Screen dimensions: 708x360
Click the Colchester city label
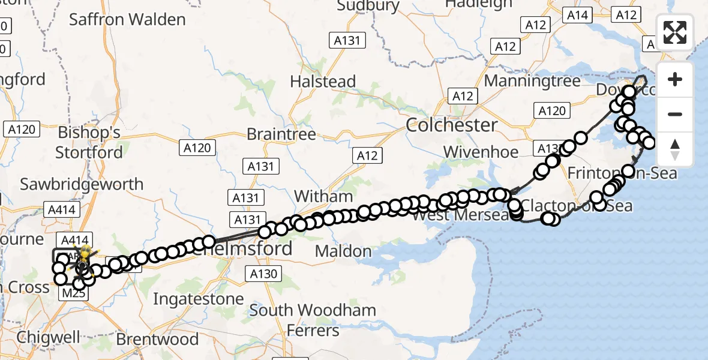pos(452,125)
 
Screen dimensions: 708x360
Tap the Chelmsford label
pos(252,248)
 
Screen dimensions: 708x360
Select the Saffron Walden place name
pos(127,19)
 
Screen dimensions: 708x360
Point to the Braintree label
pos(281,134)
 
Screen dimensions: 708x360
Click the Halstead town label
pos(323,81)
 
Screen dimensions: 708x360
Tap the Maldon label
pos(343,251)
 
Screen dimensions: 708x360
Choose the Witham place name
pos(323,196)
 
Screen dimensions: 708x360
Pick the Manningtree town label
pos(532,80)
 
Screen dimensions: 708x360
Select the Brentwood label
pos(157,339)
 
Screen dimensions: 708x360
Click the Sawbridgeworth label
pos(82,184)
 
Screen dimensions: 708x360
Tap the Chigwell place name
pos(49,337)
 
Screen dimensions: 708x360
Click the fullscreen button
pos(675,32)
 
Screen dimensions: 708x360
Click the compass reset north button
pos(675,149)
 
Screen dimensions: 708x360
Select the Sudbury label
pos(368,6)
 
